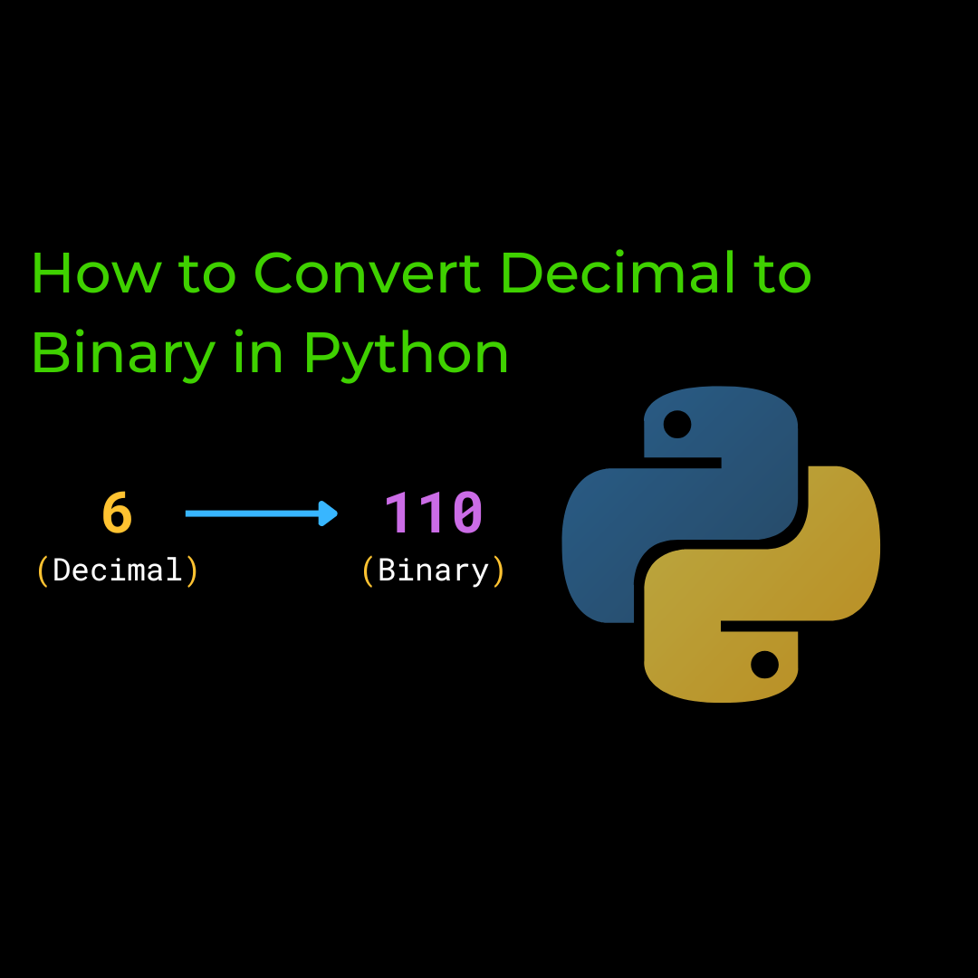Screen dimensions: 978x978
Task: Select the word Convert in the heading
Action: point(368,273)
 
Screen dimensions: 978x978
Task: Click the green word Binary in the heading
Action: point(123,355)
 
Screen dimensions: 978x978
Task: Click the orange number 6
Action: point(118,513)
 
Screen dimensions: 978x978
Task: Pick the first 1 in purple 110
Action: point(399,513)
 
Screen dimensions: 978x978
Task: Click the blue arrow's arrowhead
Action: point(330,513)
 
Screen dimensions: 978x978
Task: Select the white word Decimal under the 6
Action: point(118,570)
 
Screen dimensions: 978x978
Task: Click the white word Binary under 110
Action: point(434,570)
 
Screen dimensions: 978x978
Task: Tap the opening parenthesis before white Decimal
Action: point(42,570)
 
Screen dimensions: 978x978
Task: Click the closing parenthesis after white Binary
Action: point(498,570)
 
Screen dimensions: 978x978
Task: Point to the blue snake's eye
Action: point(676,424)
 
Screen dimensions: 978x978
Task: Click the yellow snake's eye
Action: point(764,665)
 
